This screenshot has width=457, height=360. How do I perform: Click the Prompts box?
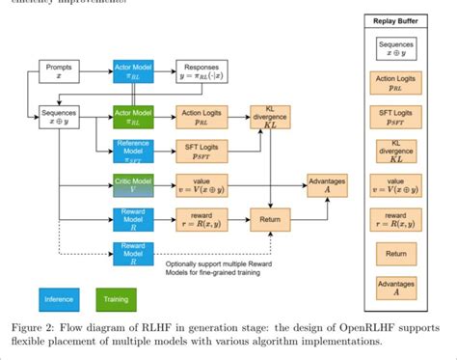(x=57, y=71)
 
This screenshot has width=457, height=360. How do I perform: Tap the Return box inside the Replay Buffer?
(x=396, y=255)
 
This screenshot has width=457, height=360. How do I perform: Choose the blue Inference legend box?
(x=60, y=299)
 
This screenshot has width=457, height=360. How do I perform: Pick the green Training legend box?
(x=116, y=299)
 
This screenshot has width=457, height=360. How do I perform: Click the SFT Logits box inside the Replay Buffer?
(x=396, y=116)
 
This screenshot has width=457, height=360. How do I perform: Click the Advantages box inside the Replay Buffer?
(x=396, y=287)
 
